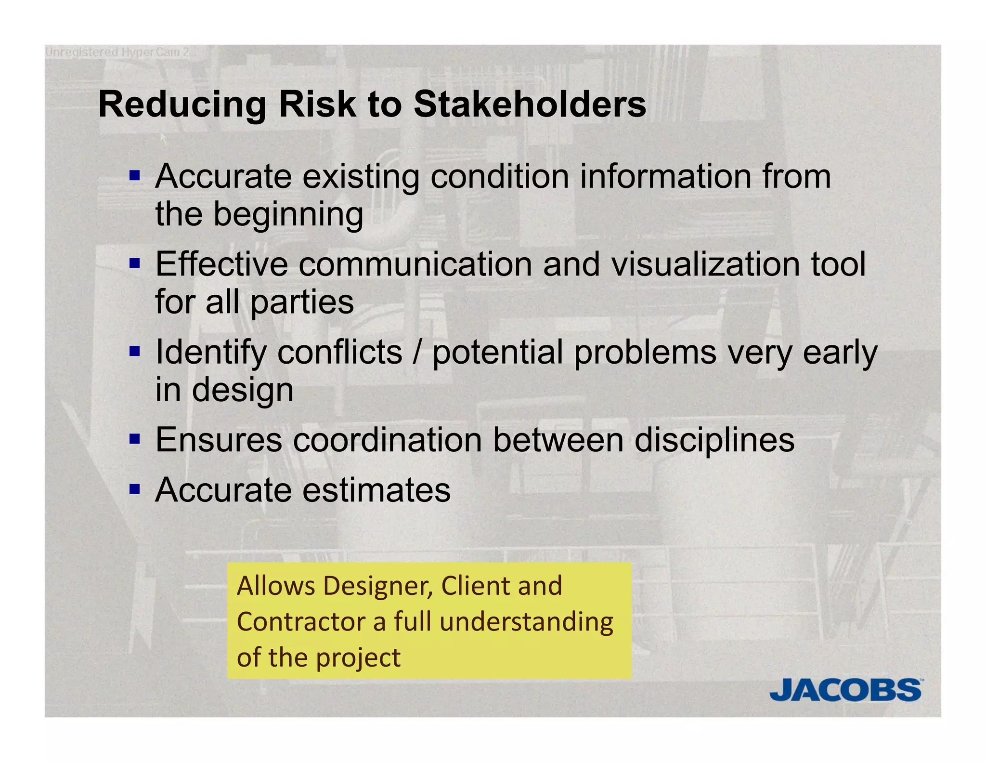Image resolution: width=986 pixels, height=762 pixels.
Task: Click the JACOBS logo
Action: [846, 690]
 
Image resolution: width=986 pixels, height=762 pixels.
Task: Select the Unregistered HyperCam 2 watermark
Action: [117, 52]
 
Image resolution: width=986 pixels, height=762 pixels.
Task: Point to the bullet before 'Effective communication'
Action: [135, 263]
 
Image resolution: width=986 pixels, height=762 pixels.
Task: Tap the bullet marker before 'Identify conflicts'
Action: [135, 351]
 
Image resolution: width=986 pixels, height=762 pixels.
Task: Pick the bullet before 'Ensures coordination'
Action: [135, 439]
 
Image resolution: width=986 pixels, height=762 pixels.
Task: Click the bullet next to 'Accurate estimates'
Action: [135, 489]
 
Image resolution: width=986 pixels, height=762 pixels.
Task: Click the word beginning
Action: [288, 215]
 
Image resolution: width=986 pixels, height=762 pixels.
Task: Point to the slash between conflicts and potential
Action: [417, 352]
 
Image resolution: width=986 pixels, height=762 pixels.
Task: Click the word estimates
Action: [376, 490]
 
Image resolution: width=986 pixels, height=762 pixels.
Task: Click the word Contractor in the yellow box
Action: [301, 622]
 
